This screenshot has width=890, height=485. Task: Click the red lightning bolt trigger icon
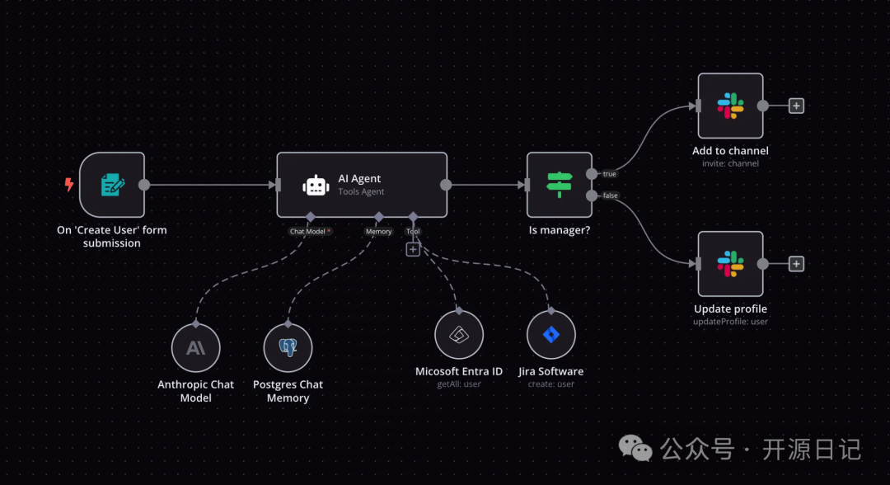click(x=69, y=185)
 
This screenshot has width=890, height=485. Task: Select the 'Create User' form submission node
click(x=112, y=185)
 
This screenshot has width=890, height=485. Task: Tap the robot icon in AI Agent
click(x=316, y=185)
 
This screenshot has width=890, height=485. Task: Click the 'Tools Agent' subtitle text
click(x=361, y=192)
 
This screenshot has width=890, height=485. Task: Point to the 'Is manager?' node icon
click(x=560, y=185)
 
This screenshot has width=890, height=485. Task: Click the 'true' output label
click(x=609, y=174)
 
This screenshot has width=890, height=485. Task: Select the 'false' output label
click(x=610, y=195)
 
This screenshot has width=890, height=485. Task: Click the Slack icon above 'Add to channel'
click(x=730, y=106)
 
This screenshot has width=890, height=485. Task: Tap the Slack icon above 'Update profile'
click(x=730, y=264)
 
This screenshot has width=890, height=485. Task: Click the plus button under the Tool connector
click(x=413, y=249)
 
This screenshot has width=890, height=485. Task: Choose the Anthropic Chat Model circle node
click(x=196, y=348)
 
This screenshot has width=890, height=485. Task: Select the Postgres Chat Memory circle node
click(x=288, y=348)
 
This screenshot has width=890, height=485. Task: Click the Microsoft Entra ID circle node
click(x=459, y=335)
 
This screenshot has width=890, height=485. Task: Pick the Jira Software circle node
click(x=551, y=335)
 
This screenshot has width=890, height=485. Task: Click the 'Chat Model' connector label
click(x=309, y=232)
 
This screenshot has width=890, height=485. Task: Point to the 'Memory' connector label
click(x=378, y=232)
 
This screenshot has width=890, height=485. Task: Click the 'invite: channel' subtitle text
click(x=730, y=163)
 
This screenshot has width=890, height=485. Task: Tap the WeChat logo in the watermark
click(x=635, y=449)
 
